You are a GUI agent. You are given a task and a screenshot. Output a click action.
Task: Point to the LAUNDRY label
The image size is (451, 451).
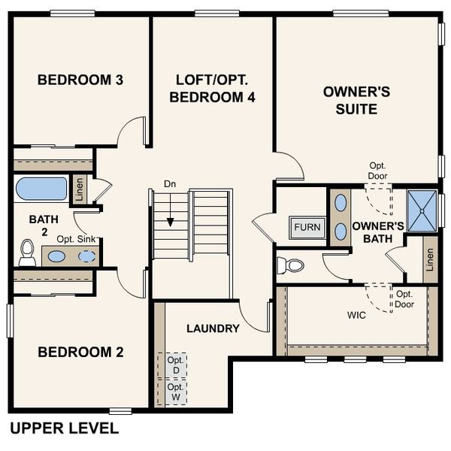point(213,328)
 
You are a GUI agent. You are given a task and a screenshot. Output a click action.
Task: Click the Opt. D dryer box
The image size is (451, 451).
point(174,365)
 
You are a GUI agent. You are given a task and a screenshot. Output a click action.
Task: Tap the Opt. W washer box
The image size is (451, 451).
point(174,391)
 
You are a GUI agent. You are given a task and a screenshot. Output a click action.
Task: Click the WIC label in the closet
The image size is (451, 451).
point(356,315)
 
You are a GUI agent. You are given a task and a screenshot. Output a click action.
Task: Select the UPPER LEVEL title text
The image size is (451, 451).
point(64,428)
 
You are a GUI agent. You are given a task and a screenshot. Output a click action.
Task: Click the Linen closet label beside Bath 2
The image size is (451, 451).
point(79,189)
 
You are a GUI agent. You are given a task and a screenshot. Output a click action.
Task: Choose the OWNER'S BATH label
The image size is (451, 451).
point(378,232)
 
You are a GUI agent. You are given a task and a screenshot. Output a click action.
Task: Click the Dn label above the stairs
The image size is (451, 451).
point(169,184)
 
